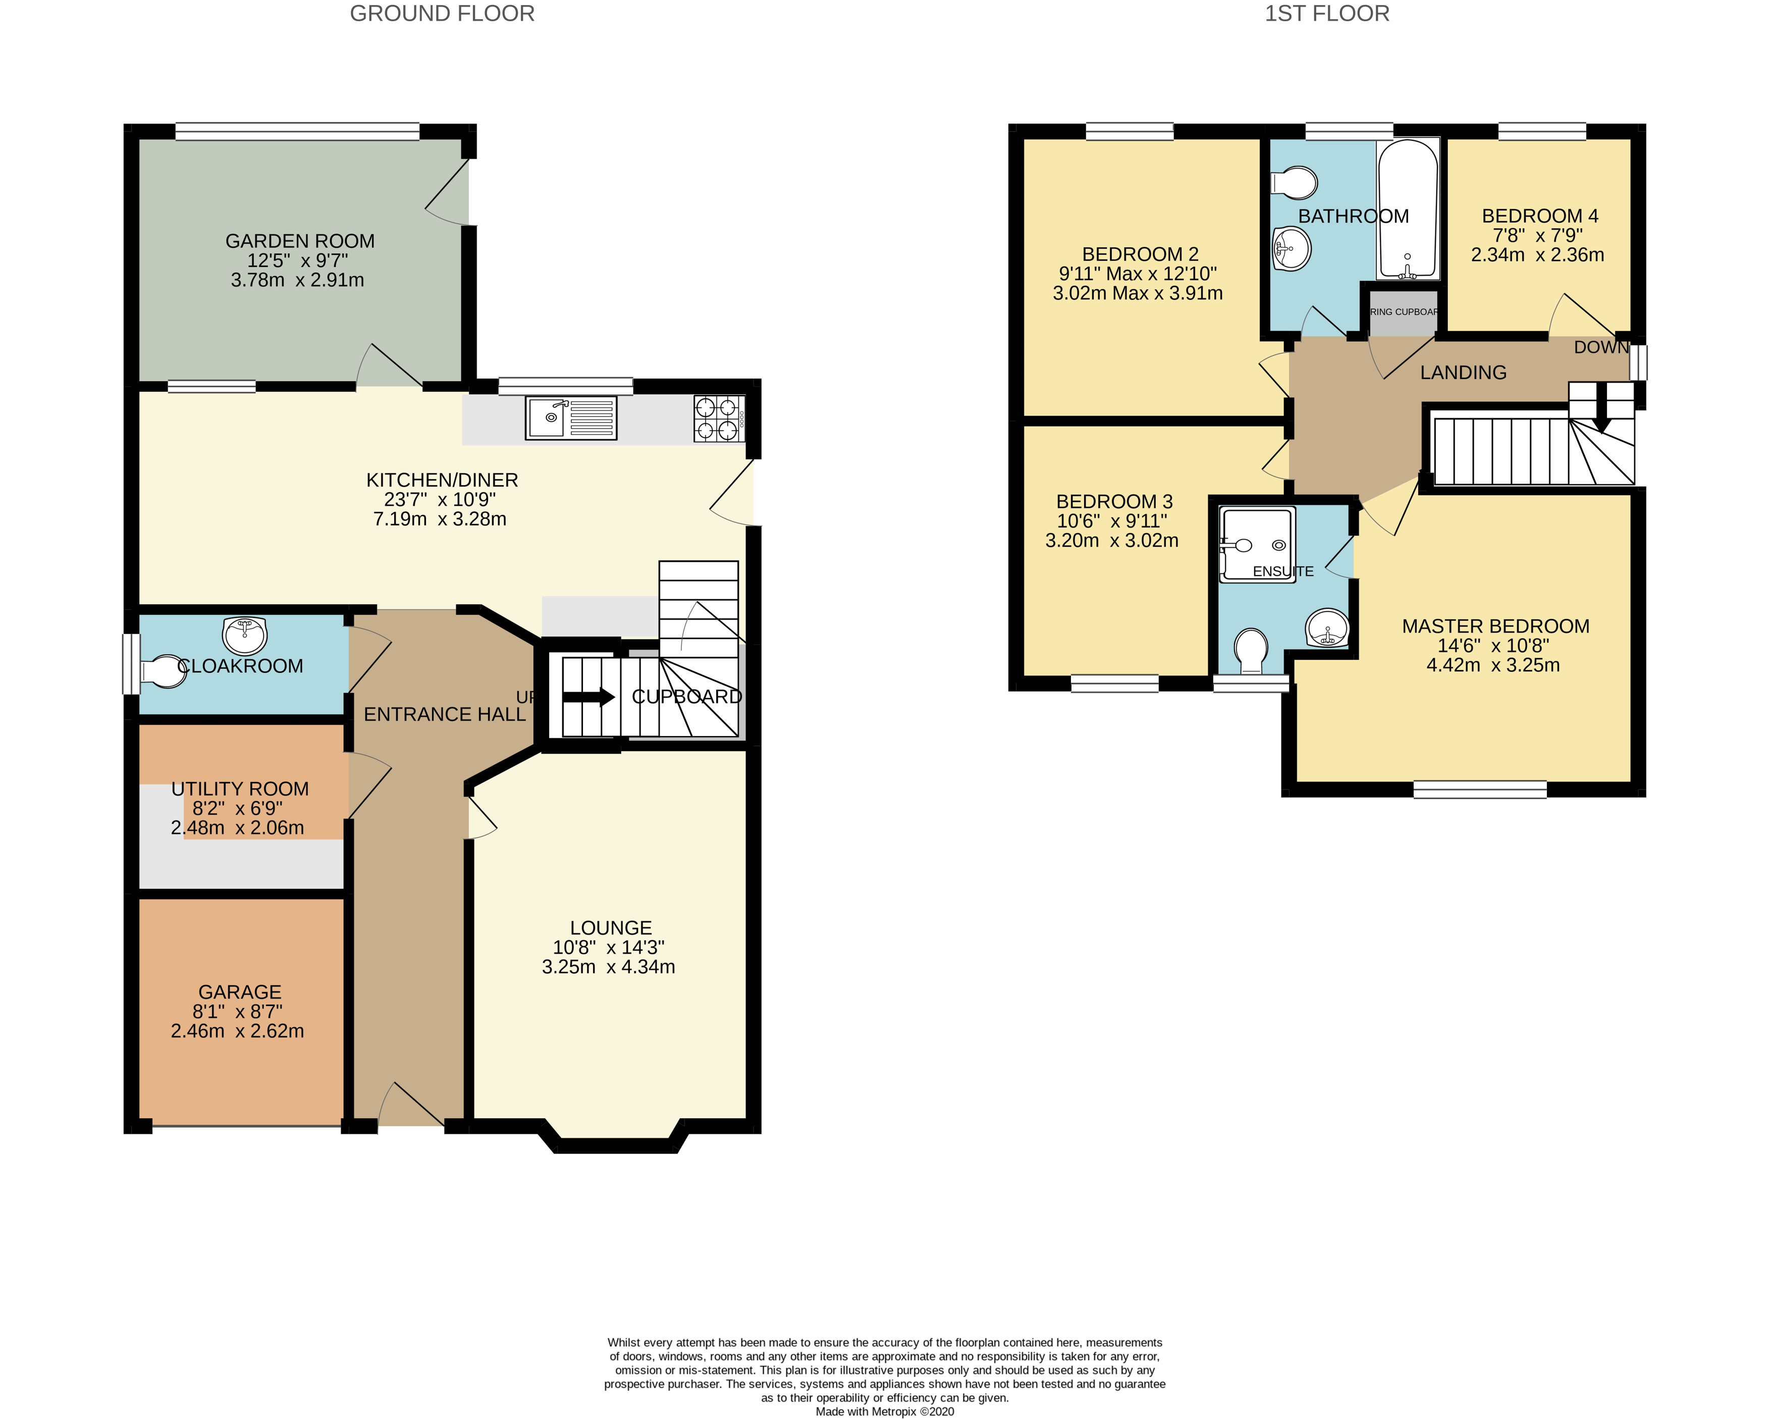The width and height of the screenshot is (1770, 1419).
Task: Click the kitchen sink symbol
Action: pos(571,418)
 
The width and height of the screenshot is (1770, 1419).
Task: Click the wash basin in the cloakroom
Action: pos(245,633)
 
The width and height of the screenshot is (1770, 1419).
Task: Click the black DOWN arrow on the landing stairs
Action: pos(1601,422)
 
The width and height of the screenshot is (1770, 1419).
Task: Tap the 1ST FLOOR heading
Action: pos(1327,14)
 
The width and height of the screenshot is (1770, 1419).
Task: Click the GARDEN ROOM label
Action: pos(300,241)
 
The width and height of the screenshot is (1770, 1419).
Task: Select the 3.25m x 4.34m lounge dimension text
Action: pos(608,967)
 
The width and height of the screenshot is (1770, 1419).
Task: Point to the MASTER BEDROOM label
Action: pos(1495,626)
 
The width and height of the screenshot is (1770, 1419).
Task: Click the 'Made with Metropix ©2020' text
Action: pos(884,1411)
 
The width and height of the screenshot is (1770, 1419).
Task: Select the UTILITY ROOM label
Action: pos(240,789)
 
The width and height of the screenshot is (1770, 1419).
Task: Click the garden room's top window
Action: pos(297,131)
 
